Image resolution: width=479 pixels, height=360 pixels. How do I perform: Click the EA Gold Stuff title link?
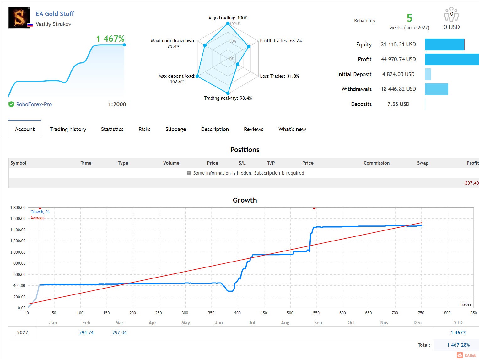click(55, 14)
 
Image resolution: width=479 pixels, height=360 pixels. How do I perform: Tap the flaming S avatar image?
click(19, 18)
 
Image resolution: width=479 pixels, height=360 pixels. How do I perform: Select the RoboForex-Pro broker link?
click(34, 104)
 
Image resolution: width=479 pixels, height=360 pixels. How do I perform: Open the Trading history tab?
click(68, 129)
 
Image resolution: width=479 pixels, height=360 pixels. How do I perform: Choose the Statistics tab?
click(112, 129)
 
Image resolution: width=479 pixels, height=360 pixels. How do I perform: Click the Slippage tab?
click(176, 129)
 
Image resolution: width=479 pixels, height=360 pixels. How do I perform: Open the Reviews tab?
click(254, 129)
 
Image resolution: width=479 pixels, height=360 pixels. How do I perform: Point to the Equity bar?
click(444, 45)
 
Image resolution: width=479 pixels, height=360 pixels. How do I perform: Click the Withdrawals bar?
click(436, 89)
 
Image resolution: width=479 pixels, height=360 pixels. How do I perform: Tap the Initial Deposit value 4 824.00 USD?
click(398, 74)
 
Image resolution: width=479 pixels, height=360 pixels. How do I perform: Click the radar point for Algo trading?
click(228, 23)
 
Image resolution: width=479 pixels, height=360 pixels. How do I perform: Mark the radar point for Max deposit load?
click(197, 76)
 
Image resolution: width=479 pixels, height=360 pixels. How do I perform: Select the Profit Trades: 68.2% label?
click(281, 41)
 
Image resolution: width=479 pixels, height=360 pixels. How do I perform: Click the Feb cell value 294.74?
click(86, 332)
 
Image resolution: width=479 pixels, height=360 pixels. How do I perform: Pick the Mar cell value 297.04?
click(119, 332)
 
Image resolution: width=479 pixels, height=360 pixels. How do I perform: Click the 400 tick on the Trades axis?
click(237, 313)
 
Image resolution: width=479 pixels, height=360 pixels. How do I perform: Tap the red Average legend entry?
click(37, 218)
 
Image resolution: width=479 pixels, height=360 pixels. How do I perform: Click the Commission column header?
click(376, 163)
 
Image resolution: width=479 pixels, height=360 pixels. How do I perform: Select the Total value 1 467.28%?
click(458, 345)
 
